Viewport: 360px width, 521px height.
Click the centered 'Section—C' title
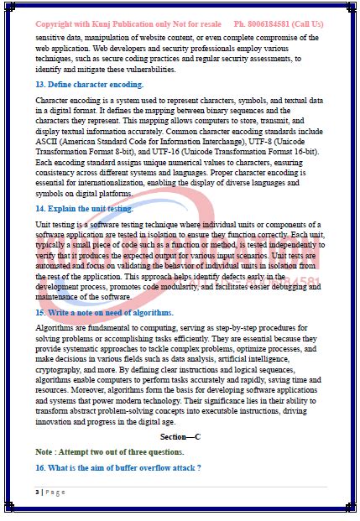pyautogui.click(x=180, y=437)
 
